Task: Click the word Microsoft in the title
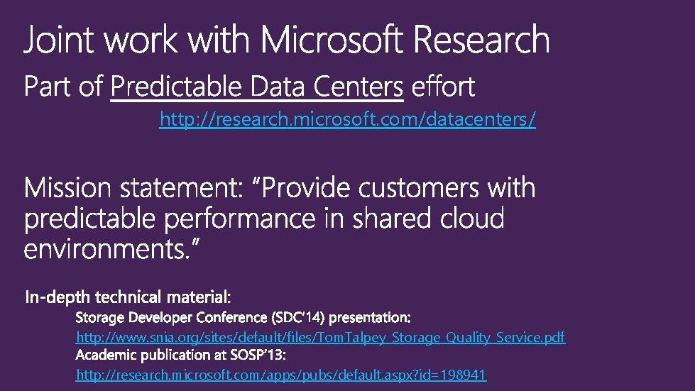[x=334, y=40]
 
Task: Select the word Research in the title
[x=481, y=40]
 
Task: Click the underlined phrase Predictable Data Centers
[x=257, y=88]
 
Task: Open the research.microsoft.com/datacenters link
[x=348, y=121]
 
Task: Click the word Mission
[x=67, y=189]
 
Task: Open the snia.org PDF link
[x=320, y=338]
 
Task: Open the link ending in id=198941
[x=281, y=375]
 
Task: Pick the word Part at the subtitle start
[x=48, y=88]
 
